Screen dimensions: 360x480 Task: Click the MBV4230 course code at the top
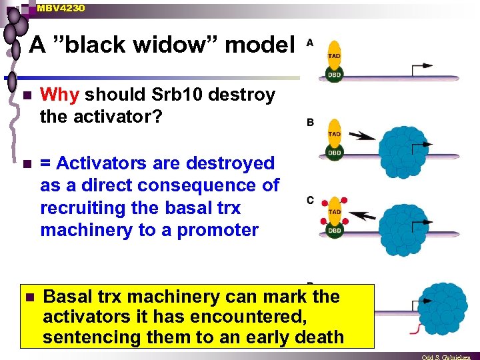point(61,8)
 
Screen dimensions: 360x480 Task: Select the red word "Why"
point(61,95)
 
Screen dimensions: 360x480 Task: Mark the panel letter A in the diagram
point(310,43)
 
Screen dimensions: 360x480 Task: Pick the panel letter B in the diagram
point(310,122)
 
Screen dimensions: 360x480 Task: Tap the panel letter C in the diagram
point(310,200)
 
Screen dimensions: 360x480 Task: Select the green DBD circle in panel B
point(335,153)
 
